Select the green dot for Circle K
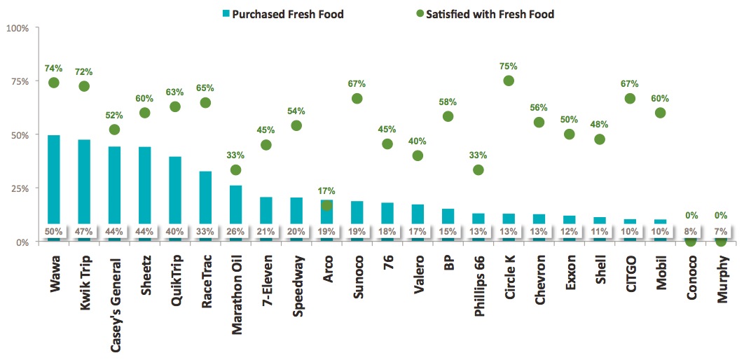click(x=509, y=81)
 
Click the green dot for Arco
click(x=326, y=205)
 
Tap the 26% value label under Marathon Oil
click(x=235, y=231)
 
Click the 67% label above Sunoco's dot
click(x=357, y=84)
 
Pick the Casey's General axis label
click(x=114, y=296)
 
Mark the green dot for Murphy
click(x=721, y=241)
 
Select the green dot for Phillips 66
click(x=478, y=169)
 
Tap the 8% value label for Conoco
click(x=691, y=231)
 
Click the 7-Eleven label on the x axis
click(x=266, y=279)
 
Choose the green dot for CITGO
click(x=630, y=98)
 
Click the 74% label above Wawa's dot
click(x=54, y=69)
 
